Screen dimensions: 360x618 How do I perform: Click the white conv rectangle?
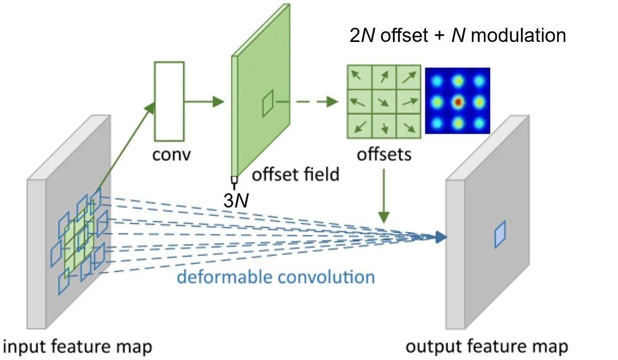(169, 100)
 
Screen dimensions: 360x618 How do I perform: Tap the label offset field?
(295, 174)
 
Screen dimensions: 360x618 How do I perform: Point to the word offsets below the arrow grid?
(384, 155)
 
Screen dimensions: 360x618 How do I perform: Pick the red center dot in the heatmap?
(457, 102)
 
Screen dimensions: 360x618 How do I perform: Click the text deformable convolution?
(276, 277)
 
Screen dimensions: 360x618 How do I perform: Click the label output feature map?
(487, 346)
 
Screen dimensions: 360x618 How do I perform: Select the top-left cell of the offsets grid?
(360, 76)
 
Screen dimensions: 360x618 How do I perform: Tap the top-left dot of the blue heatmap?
(436, 80)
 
